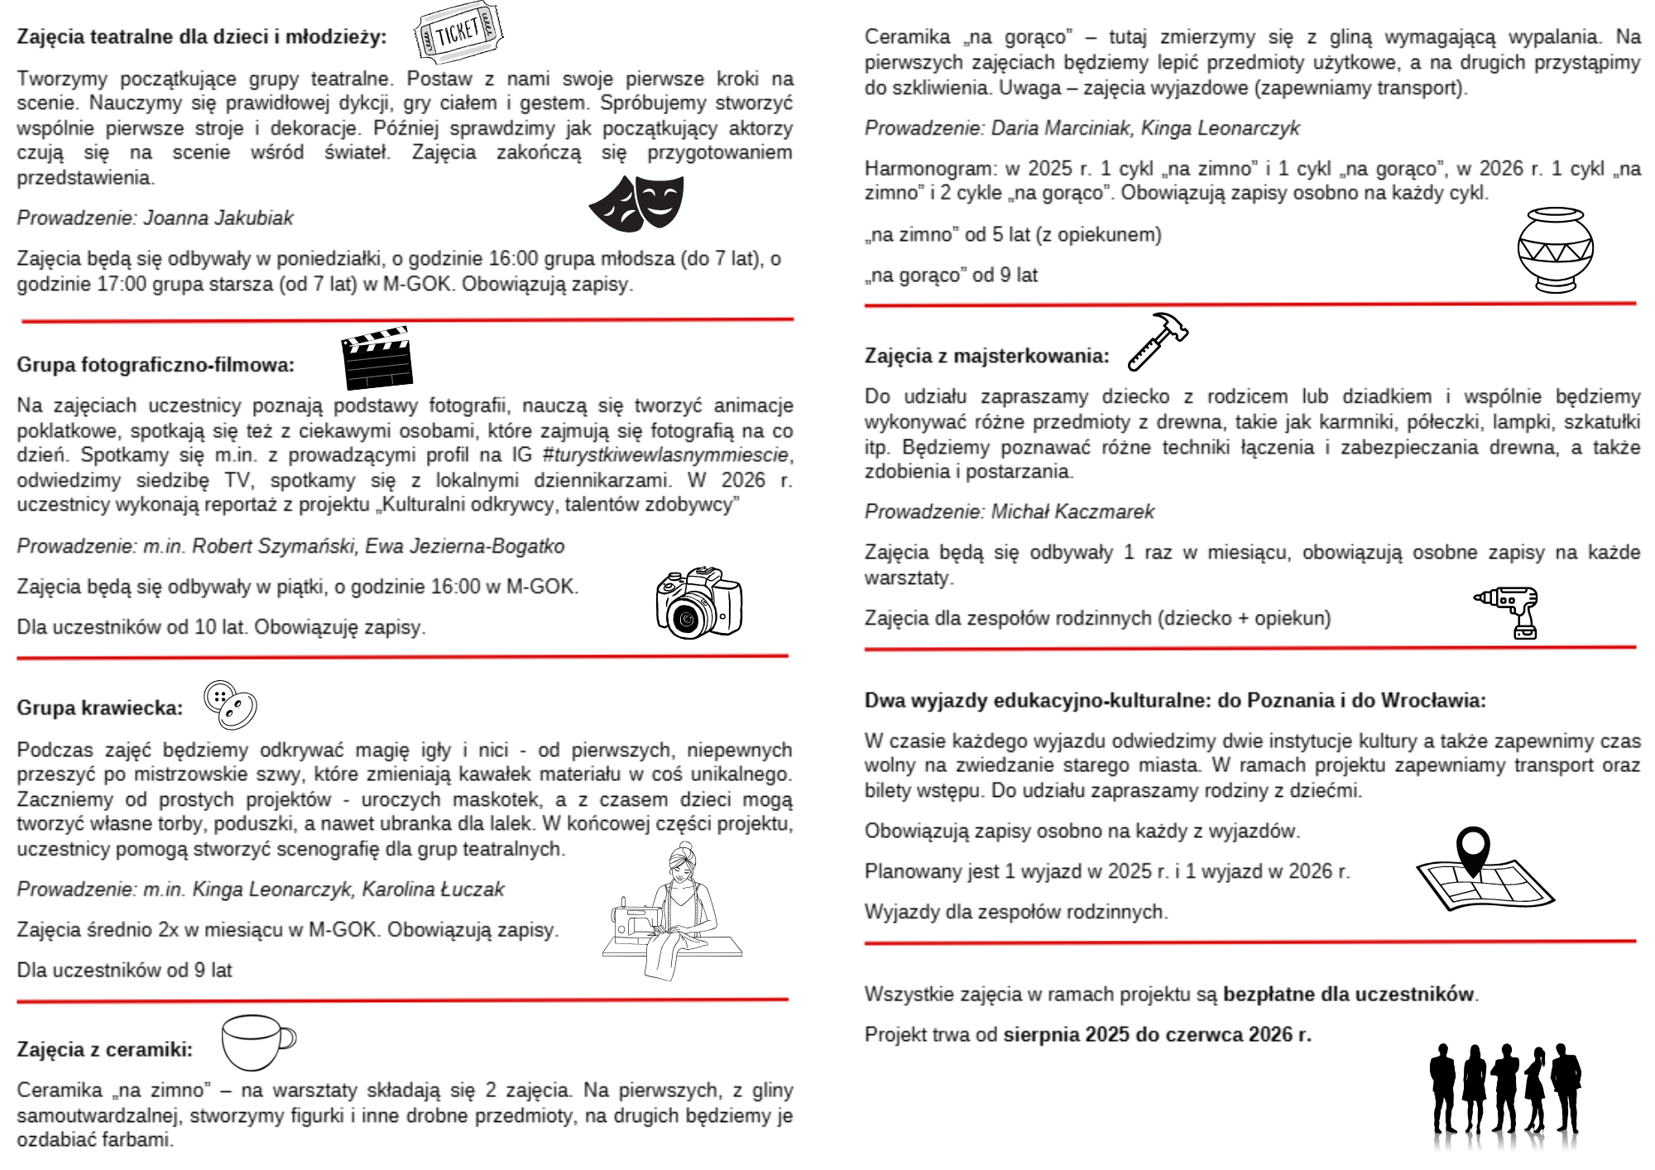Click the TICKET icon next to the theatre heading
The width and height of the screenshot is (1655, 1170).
pyautogui.click(x=459, y=33)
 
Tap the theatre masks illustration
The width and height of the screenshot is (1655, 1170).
pyautogui.click(x=636, y=204)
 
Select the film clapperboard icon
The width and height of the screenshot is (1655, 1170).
pyautogui.click(x=377, y=358)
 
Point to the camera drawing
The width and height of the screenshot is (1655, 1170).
pyautogui.click(x=698, y=602)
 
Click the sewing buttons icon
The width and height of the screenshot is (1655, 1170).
pyautogui.click(x=231, y=705)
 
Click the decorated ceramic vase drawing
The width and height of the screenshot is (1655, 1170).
pyautogui.click(x=1555, y=250)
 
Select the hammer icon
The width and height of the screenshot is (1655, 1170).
pyautogui.click(x=1158, y=341)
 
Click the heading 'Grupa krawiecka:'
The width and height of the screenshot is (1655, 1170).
pyautogui.click(x=100, y=708)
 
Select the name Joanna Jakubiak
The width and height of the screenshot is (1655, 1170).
pyautogui.click(x=218, y=218)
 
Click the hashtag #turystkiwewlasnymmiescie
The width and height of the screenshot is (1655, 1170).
pyautogui.click(x=666, y=455)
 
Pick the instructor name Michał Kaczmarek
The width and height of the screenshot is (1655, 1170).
pyautogui.click(x=1072, y=512)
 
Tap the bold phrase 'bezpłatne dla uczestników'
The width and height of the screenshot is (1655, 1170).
pyautogui.click(x=1349, y=995)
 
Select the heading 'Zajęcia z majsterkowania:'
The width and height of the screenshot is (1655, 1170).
pyautogui.click(x=986, y=357)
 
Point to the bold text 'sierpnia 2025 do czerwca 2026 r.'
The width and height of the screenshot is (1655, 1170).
pyautogui.click(x=1157, y=1035)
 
